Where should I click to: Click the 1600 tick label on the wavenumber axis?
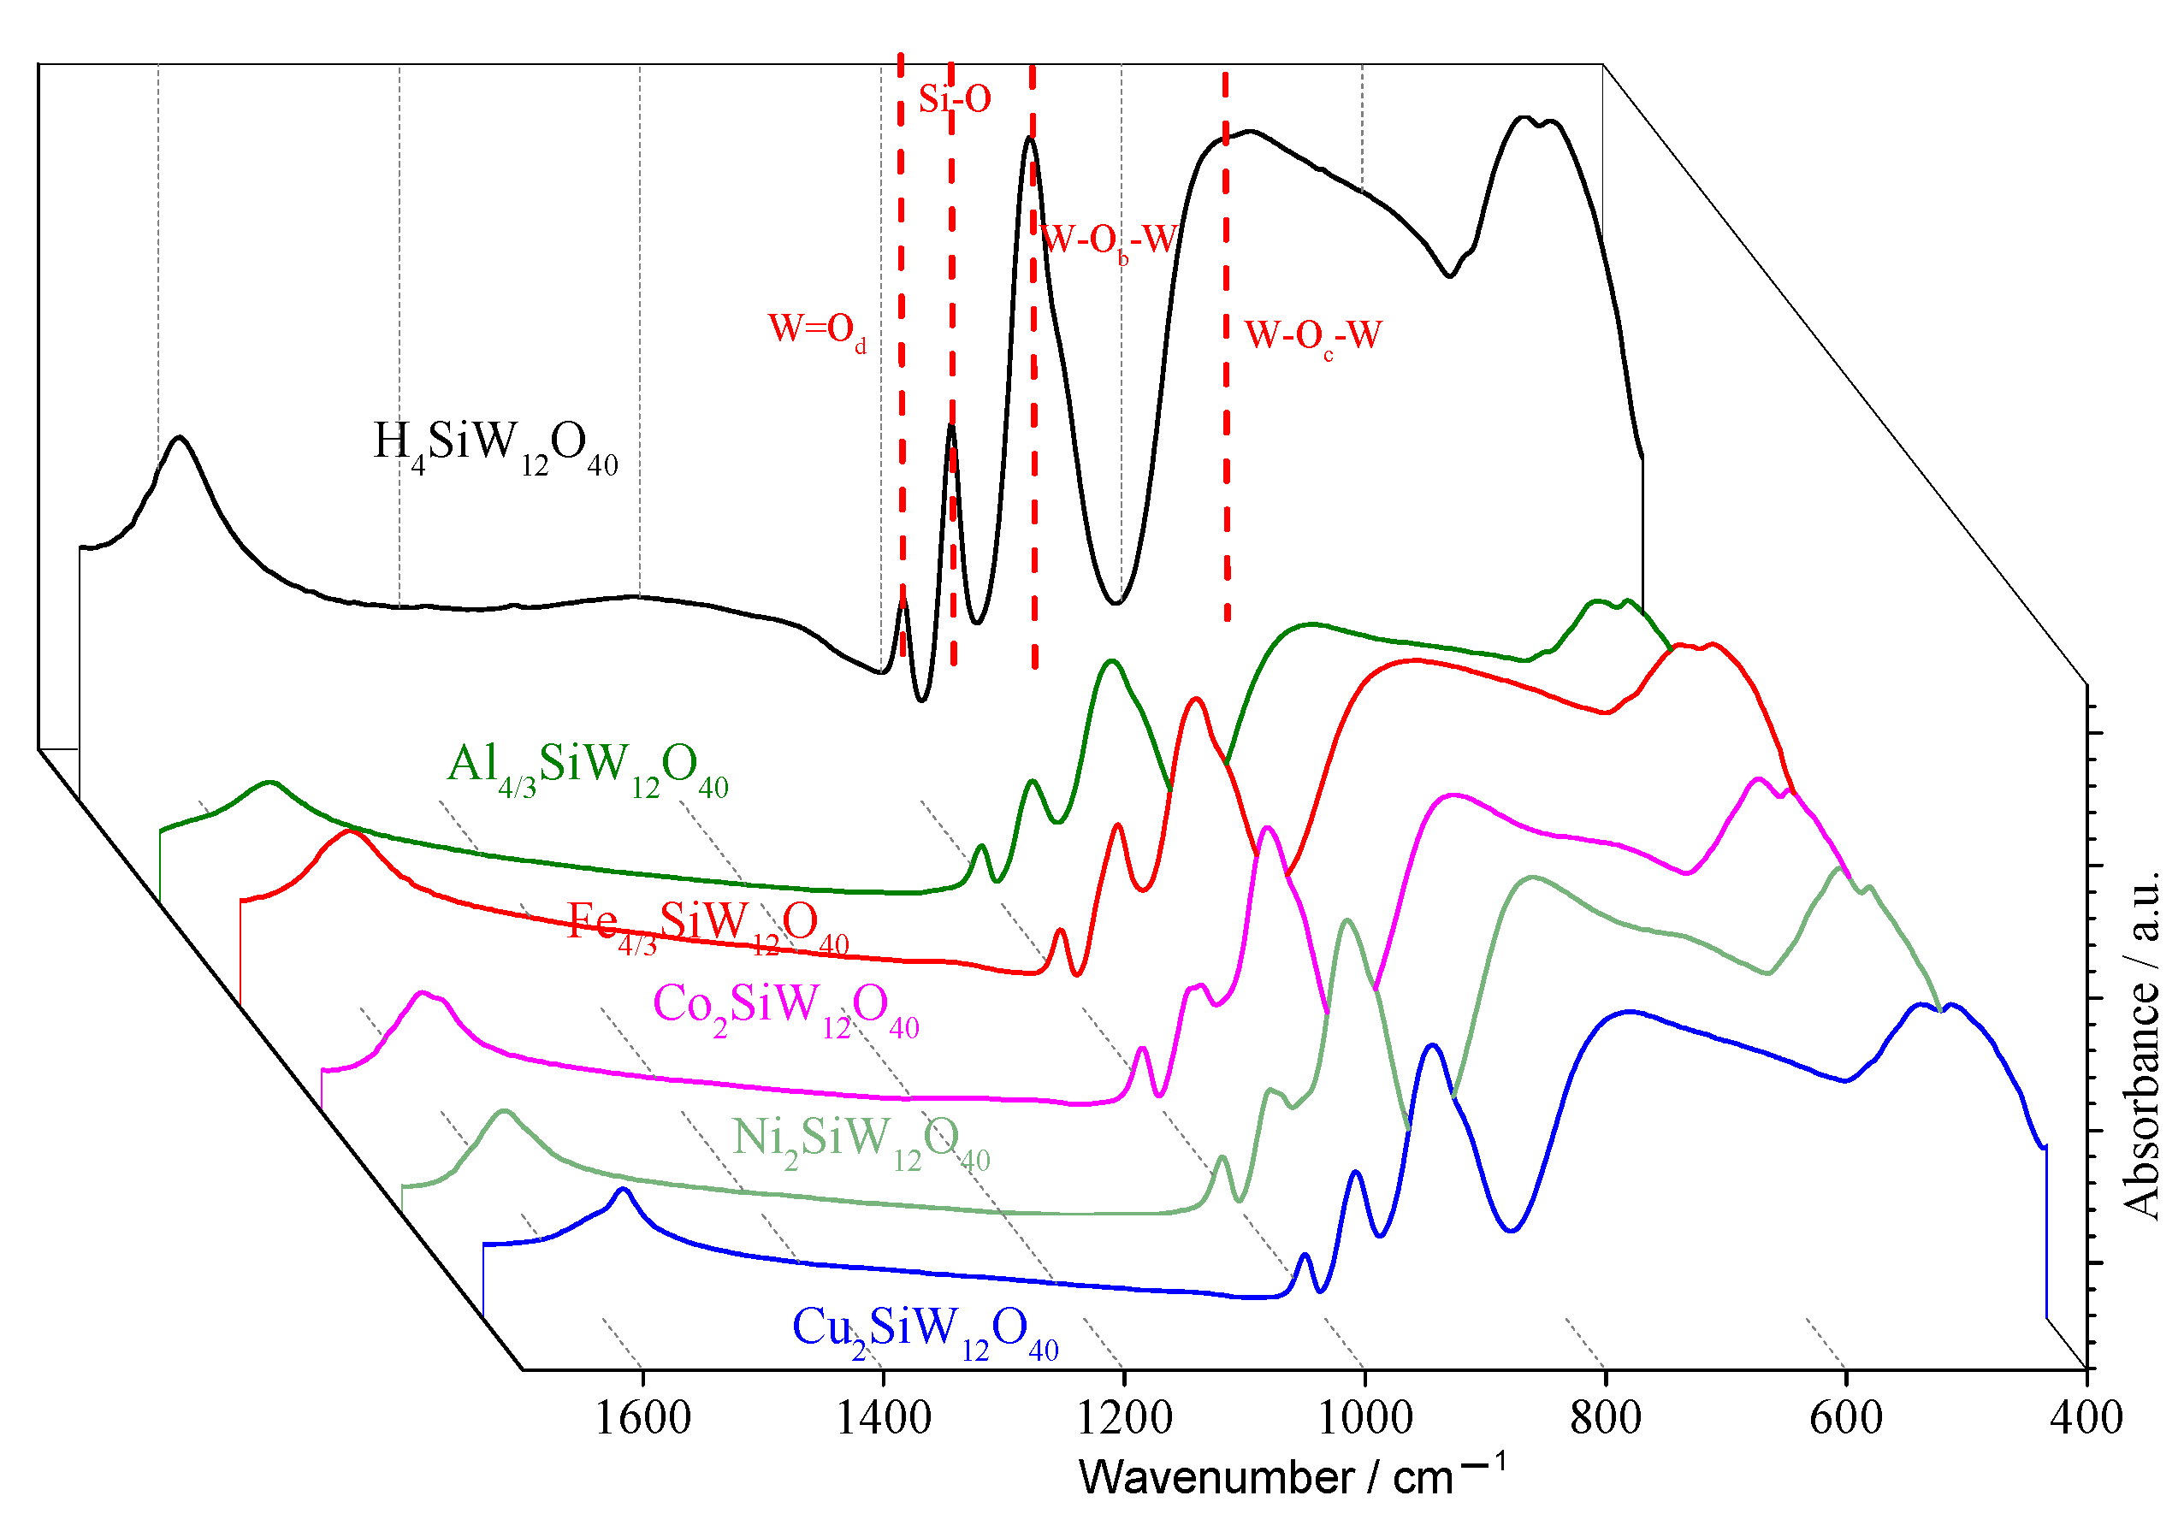pyautogui.click(x=642, y=1418)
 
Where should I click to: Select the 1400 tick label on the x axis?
pyautogui.click(x=884, y=1418)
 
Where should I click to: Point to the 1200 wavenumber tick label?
pyautogui.click(x=1124, y=1418)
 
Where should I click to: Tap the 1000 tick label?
pyautogui.click(x=1365, y=1418)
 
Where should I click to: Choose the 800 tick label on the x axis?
pyautogui.click(x=1606, y=1418)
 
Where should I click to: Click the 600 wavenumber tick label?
pyautogui.click(x=1846, y=1418)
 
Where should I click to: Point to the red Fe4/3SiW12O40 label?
pyautogui.click(x=707, y=925)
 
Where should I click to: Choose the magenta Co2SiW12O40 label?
pyautogui.click(x=785, y=1008)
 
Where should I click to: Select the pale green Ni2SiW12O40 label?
pyautogui.click(x=861, y=1140)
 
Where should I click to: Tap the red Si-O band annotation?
pyautogui.click(x=955, y=98)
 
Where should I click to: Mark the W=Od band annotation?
pyautogui.click(x=818, y=330)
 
